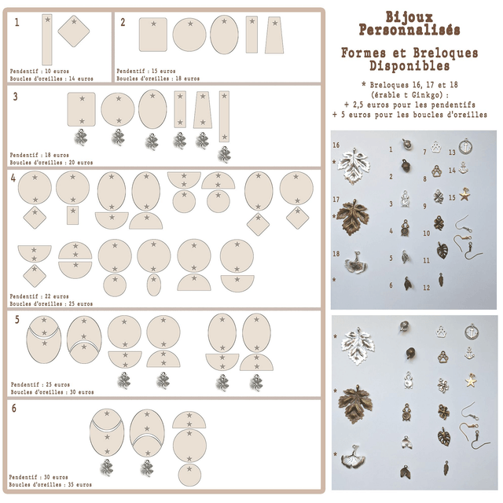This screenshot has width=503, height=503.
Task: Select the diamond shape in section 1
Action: pos(72,32)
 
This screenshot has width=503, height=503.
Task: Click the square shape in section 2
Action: pos(154,35)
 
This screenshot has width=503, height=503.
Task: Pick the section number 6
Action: pos(14,408)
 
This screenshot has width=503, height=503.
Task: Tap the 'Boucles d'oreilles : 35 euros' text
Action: pos(50,484)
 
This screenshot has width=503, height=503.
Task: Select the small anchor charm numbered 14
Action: pos(464,167)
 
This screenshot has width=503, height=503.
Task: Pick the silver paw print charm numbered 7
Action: pos(435,146)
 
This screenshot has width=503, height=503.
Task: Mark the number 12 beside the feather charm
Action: pos(426,288)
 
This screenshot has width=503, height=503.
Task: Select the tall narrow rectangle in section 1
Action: pos(46,39)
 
